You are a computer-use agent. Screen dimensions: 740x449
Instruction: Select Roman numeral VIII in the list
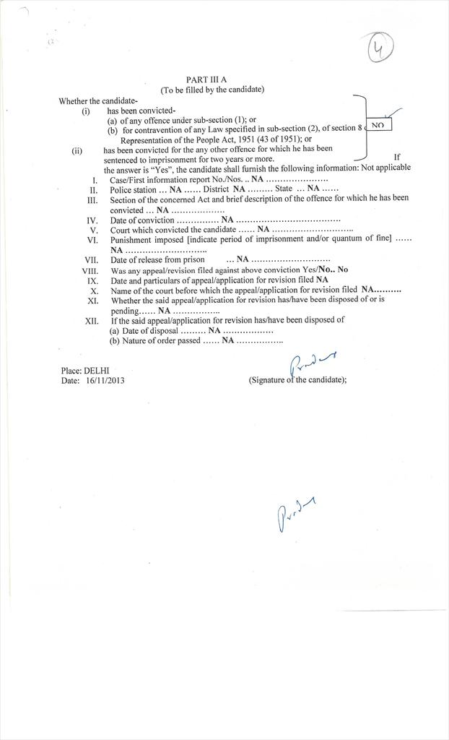(91, 270)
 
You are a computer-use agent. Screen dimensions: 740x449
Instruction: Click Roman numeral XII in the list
(92, 319)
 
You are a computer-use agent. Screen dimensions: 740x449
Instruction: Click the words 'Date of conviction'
(142, 220)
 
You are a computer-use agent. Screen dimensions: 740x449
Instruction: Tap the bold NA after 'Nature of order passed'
(227, 340)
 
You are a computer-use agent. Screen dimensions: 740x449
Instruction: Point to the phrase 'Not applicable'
(386, 168)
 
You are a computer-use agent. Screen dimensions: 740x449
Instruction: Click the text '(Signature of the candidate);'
(297, 379)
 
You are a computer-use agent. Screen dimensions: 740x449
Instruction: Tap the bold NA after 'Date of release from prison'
(243, 259)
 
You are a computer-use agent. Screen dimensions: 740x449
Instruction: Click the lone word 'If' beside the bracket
(397, 157)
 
